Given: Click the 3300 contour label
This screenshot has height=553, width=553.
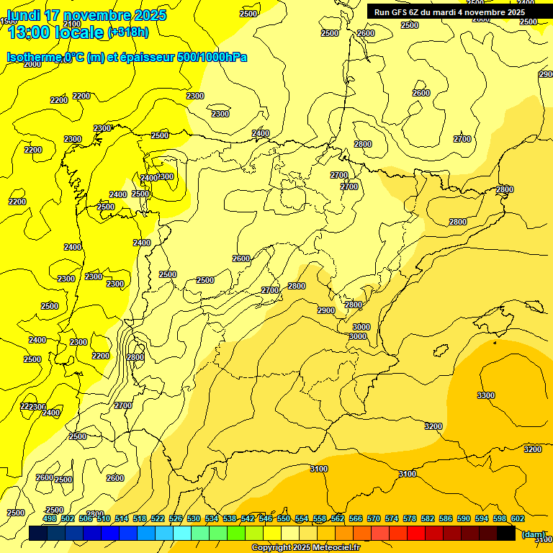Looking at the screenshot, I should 486,395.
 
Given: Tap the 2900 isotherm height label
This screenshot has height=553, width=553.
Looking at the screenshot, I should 326,310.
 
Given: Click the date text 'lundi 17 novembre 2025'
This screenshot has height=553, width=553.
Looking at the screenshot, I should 86,15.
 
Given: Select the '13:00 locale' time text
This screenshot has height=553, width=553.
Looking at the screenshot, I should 55,32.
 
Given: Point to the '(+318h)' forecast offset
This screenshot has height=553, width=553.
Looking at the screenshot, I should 127,32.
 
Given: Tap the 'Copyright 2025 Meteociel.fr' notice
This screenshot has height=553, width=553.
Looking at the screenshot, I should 305,548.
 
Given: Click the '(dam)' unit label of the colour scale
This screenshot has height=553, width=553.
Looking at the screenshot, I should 534,534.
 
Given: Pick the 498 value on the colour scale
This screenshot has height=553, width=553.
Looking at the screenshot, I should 50,518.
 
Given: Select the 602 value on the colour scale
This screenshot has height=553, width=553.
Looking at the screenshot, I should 518,518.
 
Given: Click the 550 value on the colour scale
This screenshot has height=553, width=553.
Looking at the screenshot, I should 284,518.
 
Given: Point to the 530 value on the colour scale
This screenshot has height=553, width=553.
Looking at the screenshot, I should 194,518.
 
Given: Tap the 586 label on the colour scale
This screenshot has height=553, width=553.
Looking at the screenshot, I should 446,518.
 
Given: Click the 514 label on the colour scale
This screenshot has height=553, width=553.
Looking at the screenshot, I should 122,518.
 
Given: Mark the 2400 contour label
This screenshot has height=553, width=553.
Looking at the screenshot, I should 260,133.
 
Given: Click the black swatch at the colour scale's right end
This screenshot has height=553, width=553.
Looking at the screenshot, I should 506,534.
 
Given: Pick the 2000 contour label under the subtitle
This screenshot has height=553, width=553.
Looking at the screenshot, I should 32,64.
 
